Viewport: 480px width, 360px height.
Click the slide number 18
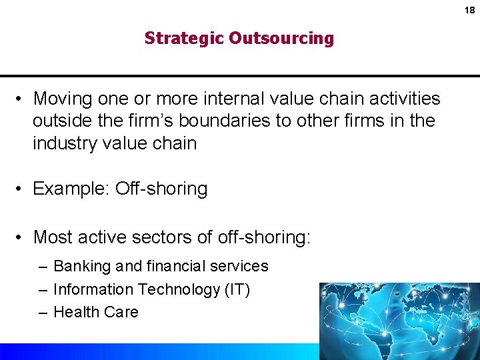[470, 10]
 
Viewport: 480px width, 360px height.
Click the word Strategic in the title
[184, 38]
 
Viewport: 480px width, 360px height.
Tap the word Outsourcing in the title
[281, 38]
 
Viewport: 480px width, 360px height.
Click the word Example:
[71, 189]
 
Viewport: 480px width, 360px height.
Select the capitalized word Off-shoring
[161, 189]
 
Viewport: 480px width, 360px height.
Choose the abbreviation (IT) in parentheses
[236, 289]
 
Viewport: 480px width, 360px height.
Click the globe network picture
[399, 320]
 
